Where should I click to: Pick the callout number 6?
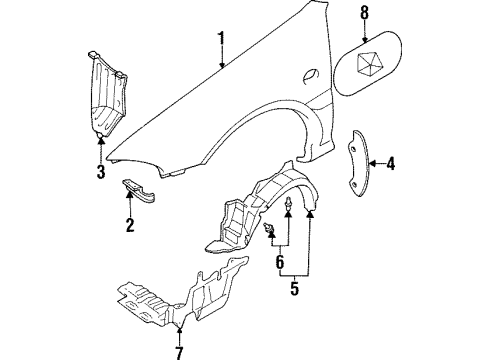coord(279,264)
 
